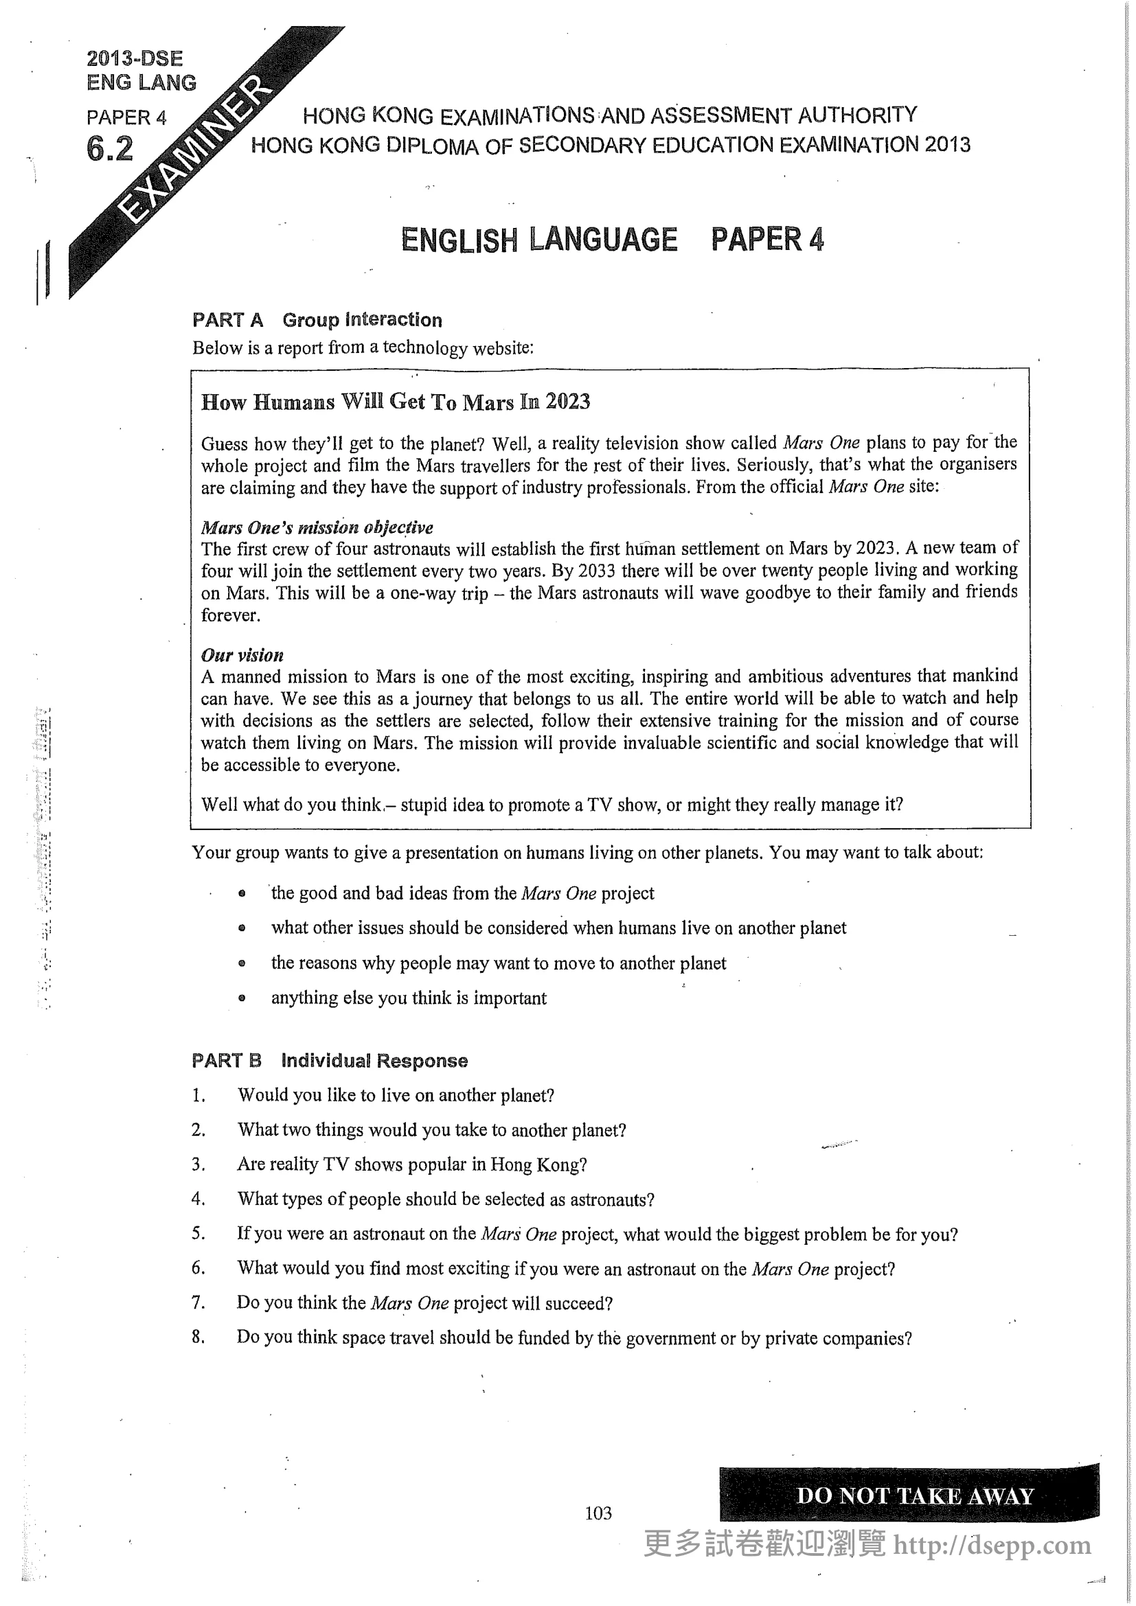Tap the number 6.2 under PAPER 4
tap(110, 149)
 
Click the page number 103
tap(598, 1513)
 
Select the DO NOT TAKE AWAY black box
tap(909, 1495)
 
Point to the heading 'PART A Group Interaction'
tap(317, 321)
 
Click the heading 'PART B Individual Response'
tap(330, 1060)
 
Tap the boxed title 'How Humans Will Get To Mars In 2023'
tap(395, 402)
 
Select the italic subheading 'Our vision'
tap(242, 656)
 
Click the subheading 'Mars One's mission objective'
tap(317, 527)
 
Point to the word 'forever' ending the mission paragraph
tap(229, 615)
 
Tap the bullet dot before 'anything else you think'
tap(242, 998)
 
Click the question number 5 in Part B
tap(198, 1234)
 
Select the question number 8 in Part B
tap(198, 1338)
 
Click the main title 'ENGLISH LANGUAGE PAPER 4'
tap(612, 240)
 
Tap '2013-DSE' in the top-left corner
tap(135, 59)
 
